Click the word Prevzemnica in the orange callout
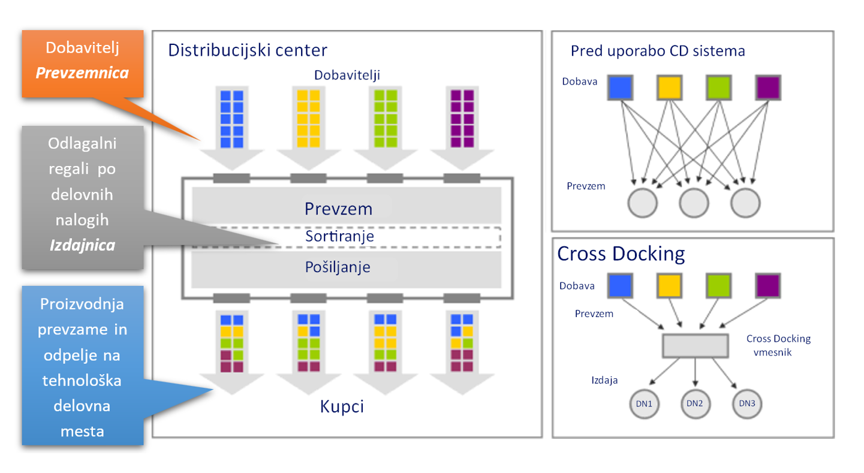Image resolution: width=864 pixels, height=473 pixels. click(82, 73)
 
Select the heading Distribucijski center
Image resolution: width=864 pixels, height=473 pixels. click(248, 50)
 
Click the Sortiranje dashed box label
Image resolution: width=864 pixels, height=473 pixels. click(339, 237)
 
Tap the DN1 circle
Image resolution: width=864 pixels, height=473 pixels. click(644, 404)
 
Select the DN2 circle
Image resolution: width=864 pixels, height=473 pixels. click(696, 403)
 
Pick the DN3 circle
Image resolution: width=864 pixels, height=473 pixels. click(747, 404)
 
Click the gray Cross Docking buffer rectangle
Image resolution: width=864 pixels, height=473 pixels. click(695, 345)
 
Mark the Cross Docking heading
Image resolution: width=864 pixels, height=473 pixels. click(621, 254)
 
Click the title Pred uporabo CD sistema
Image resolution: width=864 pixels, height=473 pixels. click(658, 51)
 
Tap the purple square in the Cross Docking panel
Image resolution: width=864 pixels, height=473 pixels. click(768, 285)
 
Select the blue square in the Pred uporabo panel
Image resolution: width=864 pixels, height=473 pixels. click(621, 88)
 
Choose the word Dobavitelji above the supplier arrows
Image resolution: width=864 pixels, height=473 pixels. click(347, 74)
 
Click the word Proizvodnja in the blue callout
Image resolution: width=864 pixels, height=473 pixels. click(82, 304)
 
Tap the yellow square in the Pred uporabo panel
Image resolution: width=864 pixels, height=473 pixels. click(670, 88)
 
